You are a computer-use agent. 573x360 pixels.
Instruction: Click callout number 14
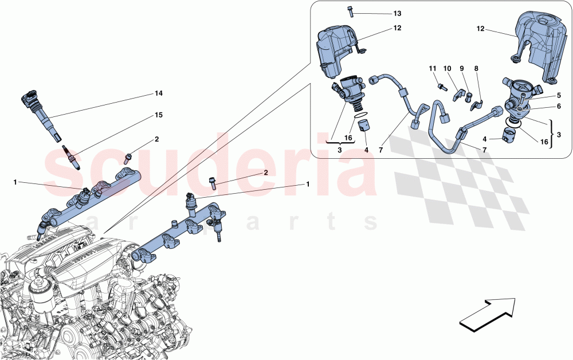pyautogui.click(x=159, y=92)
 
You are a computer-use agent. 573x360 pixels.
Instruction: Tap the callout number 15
pyautogui.click(x=159, y=115)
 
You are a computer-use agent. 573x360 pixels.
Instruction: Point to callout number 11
pyautogui.click(x=433, y=69)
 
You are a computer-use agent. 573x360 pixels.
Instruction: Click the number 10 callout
pyautogui.click(x=448, y=69)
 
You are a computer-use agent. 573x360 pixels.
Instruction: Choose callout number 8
pyautogui.click(x=476, y=69)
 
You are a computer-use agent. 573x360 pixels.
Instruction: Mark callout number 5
pyautogui.click(x=558, y=95)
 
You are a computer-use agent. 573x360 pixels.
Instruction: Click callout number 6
pyautogui.click(x=558, y=107)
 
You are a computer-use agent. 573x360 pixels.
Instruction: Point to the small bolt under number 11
pyautogui.click(x=442, y=87)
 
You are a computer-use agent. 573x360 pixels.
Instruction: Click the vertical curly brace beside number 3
pyautogui.click(x=551, y=134)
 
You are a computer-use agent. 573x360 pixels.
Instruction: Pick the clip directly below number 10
pyautogui.click(x=458, y=93)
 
